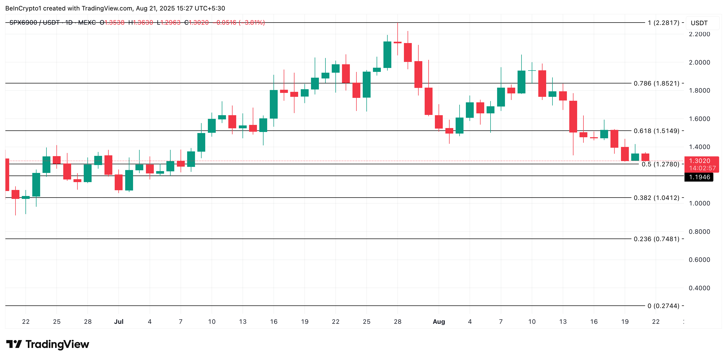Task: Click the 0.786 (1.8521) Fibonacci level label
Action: click(x=656, y=83)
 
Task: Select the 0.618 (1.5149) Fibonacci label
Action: click(x=656, y=131)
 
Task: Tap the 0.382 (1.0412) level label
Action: click(x=656, y=198)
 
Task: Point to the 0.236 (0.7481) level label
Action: click(x=656, y=239)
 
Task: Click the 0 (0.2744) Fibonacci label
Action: click(x=663, y=305)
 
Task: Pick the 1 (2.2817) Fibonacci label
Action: click(x=663, y=23)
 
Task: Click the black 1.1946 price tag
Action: click(x=699, y=177)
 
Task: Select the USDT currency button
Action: click(x=699, y=23)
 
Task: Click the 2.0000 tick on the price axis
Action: click(x=699, y=62)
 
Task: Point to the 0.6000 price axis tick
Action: click(x=699, y=260)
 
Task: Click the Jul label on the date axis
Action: click(x=119, y=321)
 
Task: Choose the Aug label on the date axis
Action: click(x=439, y=321)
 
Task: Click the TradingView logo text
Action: click(x=57, y=344)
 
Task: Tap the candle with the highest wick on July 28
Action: click(x=397, y=42)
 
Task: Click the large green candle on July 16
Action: click(x=273, y=104)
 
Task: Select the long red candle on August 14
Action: click(x=573, y=116)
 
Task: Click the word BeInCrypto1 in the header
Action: click(x=23, y=8)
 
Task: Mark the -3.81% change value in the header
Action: click(x=252, y=22)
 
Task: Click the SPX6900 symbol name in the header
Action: click(x=23, y=22)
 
